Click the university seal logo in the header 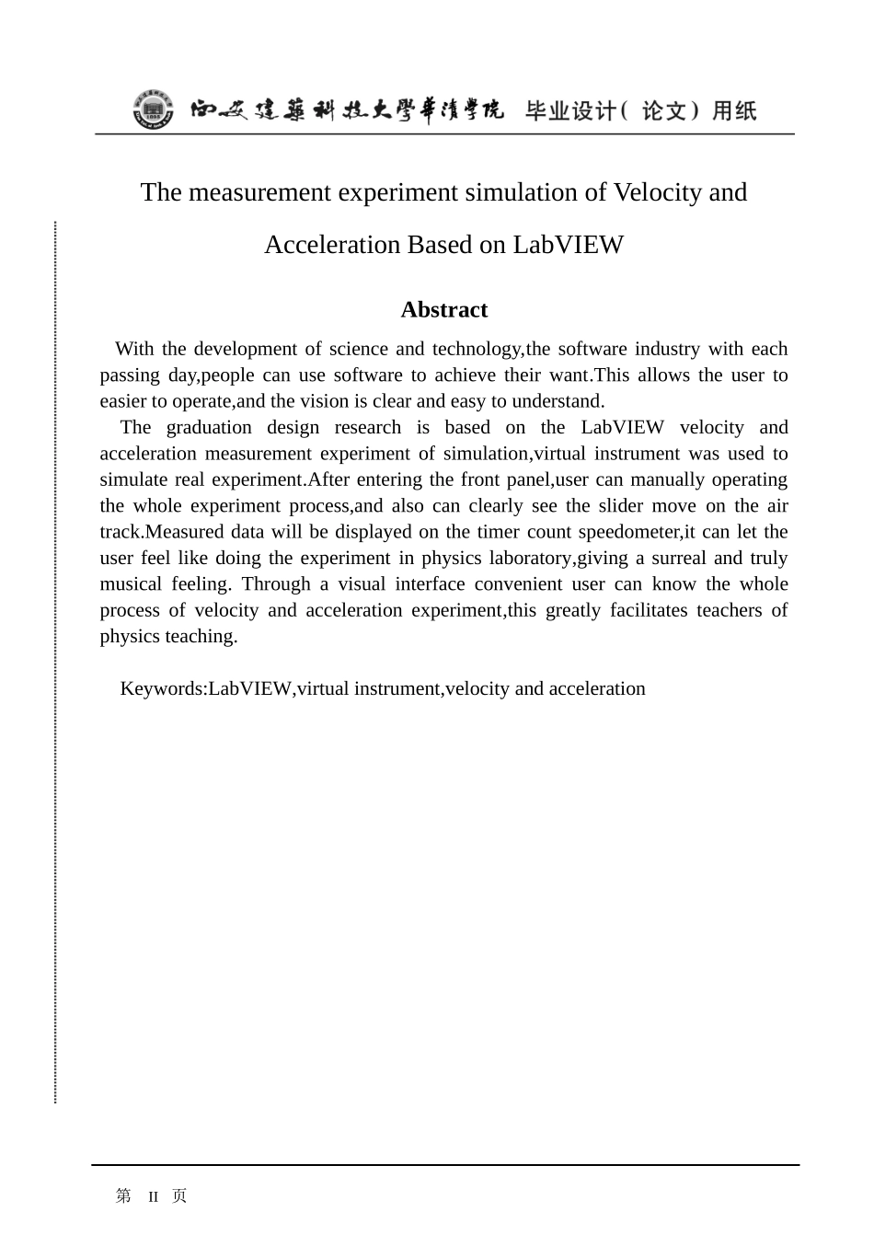pyautogui.click(x=153, y=111)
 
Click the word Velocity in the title pyautogui.click(x=657, y=192)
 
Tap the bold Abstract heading pyautogui.click(x=443, y=310)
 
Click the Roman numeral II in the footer pyautogui.click(x=154, y=1196)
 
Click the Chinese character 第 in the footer pyautogui.click(x=123, y=1195)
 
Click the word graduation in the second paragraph pyautogui.click(x=205, y=428)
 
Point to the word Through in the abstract pyautogui.click(x=276, y=584)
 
